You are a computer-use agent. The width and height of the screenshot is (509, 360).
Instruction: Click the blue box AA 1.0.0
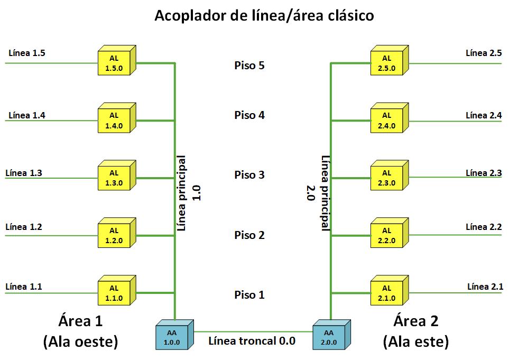pos(172,337)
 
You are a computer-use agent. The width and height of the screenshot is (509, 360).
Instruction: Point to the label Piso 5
pos(249,66)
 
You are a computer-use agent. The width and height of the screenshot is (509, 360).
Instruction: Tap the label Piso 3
pos(249,175)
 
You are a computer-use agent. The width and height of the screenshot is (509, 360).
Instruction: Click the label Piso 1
pos(249,295)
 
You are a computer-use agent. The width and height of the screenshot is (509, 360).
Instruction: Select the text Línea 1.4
pos(27,115)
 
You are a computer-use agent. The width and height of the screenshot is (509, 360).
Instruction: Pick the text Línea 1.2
pos(23,227)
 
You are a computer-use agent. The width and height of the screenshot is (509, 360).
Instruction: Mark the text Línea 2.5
pos(484,53)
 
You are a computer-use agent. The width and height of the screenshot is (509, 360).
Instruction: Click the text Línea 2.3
pos(484,173)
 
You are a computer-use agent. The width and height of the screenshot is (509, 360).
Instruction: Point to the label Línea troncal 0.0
pos(252,341)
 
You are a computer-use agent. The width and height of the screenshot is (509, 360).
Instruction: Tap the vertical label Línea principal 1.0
pos(188,193)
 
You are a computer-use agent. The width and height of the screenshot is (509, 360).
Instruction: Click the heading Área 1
pos(80,321)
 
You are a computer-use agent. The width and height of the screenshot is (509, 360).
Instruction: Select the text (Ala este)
pos(416,342)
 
